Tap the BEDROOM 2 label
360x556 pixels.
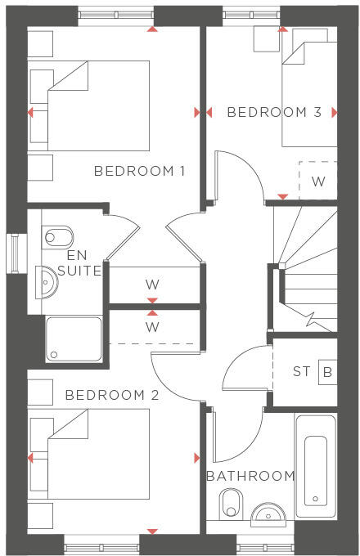pyautogui.click(x=112, y=395)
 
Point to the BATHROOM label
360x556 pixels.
pyautogui.click(x=250, y=476)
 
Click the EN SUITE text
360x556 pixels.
pyautogui.click(x=83, y=262)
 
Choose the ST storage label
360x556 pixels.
pyautogui.click(x=302, y=372)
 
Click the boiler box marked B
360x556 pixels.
pyautogui.click(x=327, y=372)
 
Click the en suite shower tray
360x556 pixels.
pyautogui.click(x=74, y=339)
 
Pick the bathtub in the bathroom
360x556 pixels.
pyautogui.click(x=315, y=466)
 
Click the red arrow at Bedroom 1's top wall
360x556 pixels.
pyautogui.click(x=152, y=29)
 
